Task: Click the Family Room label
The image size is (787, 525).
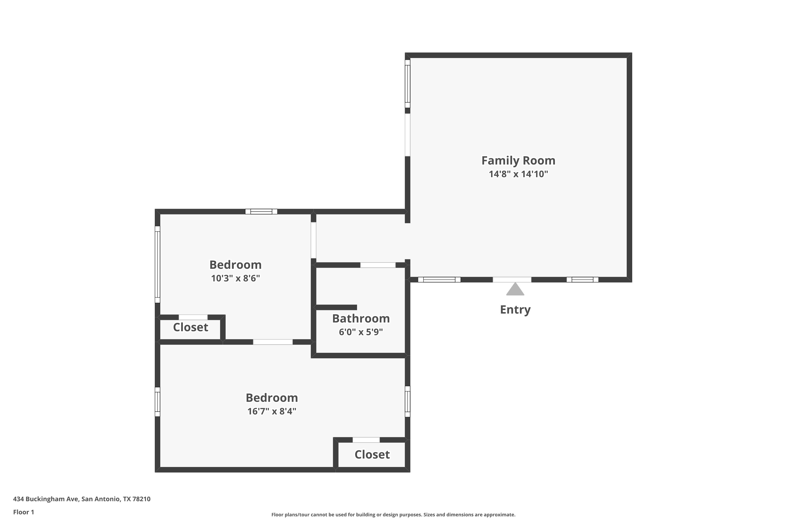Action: pos(518,160)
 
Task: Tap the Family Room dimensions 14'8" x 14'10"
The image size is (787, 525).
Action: pos(518,174)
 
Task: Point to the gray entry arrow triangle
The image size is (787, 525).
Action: pos(515,289)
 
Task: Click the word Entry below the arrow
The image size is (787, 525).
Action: pos(515,310)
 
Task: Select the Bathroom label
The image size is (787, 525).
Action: pos(361,318)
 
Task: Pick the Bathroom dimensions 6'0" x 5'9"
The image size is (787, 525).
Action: pos(361,332)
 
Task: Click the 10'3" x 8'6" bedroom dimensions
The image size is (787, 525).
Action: pos(235,278)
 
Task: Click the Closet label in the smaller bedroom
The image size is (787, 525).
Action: pos(190,327)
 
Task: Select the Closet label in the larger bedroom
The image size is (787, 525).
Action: pos(372,454)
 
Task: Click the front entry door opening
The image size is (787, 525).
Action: pos(512,280)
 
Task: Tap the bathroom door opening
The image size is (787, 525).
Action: pos(378,265)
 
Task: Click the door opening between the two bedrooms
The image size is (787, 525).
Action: pos(273,342)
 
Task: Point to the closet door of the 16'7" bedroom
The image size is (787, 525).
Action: pos(366,440)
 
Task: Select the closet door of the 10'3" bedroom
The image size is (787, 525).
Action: pos(193,317)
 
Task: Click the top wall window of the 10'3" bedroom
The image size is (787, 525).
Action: pos(261,212)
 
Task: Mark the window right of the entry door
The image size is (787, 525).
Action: pos(582,280)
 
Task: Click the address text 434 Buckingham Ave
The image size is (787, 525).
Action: pos(46,499)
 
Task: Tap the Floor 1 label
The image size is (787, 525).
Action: pos(23,512)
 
